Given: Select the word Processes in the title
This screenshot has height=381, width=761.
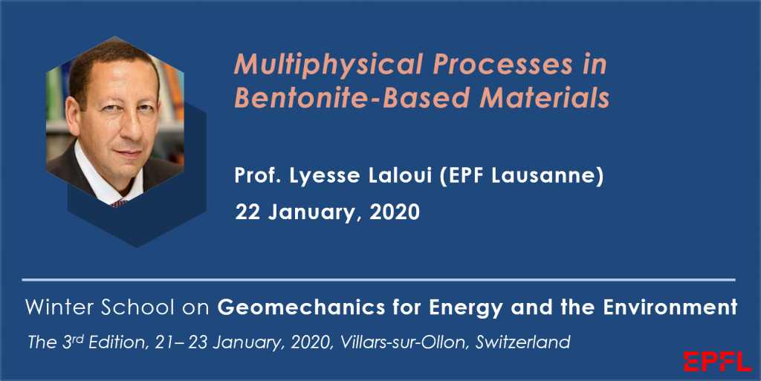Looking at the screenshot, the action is [x=503, y=64].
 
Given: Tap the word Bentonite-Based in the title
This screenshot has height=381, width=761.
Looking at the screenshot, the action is [x=352, y=97].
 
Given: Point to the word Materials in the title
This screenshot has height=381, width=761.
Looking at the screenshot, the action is [x=545, y=97].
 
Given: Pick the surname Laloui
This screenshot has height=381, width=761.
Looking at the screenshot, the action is [x=400, y=175].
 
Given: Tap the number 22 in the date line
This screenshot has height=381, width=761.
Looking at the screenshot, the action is [x=247, y=212].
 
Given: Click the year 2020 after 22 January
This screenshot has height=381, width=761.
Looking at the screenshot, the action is [x=395, y=212].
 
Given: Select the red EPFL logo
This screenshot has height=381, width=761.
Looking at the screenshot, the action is [x=717, y=362].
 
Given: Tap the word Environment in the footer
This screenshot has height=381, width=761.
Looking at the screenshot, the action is [x=670, y=307].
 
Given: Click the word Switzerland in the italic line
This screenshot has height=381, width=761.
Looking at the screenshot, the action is [x=522, y=342].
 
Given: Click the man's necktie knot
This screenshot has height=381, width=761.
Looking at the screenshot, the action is [x=120, y=203].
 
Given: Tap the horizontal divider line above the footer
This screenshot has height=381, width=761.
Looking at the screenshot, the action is [x=378, y=280].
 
